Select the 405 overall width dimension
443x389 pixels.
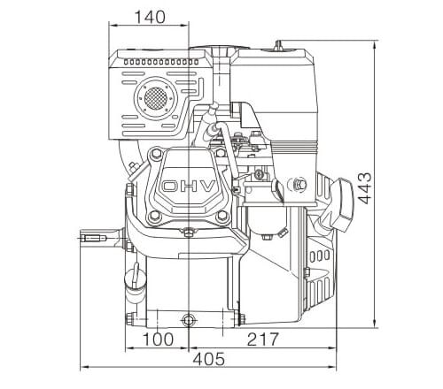click(208, 360)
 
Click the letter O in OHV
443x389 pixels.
click(167, 187)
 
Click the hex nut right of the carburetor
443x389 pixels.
click(297, 185)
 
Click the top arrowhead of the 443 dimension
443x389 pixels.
click(375, 42)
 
